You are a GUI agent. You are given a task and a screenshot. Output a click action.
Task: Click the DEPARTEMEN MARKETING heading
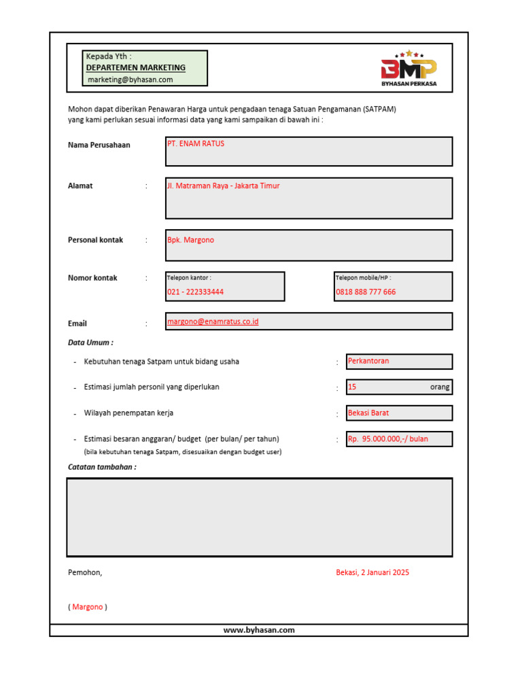(x=136, y=68)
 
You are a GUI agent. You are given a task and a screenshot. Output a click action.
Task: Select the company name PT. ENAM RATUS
(x=196, y=144)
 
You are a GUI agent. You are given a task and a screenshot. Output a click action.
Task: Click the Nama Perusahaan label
(x=99, y=145)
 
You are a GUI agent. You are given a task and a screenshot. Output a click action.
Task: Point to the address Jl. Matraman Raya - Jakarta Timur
(x=224, y=186)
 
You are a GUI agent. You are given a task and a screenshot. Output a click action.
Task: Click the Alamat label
(x=80, y=186)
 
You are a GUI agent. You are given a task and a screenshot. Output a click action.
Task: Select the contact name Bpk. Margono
(x=191, y=240)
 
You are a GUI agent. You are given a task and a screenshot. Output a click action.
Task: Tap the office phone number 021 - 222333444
(x=196, y=292)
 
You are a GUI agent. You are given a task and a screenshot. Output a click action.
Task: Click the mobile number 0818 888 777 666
(x=366, y=292)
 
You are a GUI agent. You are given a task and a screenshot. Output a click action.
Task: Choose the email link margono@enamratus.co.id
(x=213, y=321)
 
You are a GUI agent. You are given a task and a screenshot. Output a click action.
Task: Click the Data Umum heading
(x=90, y=343)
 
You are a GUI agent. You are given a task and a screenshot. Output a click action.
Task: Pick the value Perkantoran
(x=368, y=361)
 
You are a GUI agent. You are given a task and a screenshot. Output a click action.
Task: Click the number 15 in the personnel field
(x=352, y=387)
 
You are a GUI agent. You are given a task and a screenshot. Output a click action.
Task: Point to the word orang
(x=440, y=387)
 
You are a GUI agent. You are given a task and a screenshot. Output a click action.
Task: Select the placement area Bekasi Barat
(x=368, y=413)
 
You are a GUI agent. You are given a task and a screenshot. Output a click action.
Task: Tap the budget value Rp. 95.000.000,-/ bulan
(x=388, y=439)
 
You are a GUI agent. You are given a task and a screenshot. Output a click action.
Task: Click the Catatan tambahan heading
(x=102, y=467)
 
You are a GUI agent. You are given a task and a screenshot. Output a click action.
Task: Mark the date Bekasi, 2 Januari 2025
(x=372, y=572)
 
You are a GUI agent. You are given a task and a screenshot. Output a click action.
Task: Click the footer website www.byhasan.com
(x=259, y=630)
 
